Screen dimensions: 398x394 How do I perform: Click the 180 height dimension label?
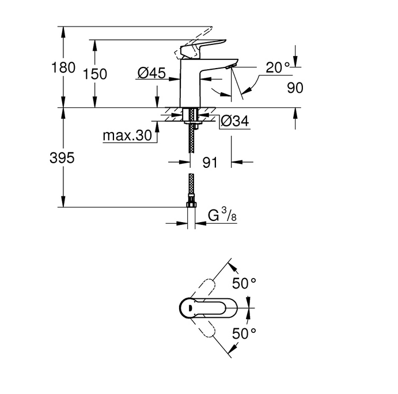pyautogui.click(x=63, y=67)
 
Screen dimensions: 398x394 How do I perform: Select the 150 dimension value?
pyautogui.click(x=95, y=74)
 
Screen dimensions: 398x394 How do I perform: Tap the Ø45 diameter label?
pyautogui.click(x=151, y=73)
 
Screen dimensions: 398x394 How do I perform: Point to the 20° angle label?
pyautogui.click(x=278, y=67)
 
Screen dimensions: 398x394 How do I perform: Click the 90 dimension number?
pyautogui.click(x=295, y=88)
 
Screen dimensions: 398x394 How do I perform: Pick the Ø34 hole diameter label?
pyautogui.click(x=235, y=121)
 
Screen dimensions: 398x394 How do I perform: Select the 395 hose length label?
pyautogui.click(x=62, y=158)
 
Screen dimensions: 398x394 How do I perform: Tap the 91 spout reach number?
pyautogui.click(x=210, y=163)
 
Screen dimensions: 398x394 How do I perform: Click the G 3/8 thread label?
pyautogui.click(x=222, y=215)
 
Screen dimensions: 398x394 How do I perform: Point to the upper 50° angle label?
pyautogui.click(x=244, y=283)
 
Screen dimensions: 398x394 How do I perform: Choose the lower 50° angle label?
pyautogui.click(x=244, y=333)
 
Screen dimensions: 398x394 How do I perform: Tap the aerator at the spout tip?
pyautogui.click(x=230, y=66)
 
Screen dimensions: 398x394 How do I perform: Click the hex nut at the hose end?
pyautogui.click(x=191, y=204)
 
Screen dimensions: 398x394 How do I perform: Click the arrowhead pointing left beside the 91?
pyautogui.click(x=237, y=162)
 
